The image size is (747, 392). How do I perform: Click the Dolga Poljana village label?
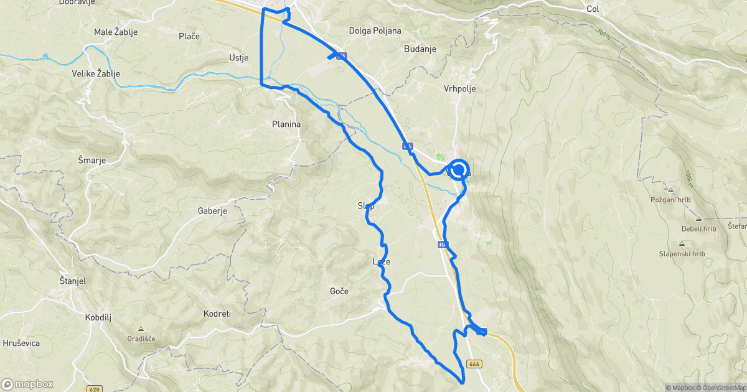click(x=375, y=30)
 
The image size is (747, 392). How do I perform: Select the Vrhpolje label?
click(x=460, y=89)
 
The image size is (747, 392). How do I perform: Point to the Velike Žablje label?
click(x=96, y=74)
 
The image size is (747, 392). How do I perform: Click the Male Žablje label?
click(x=115, y=32)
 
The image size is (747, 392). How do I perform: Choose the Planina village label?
click(x=286, y=124)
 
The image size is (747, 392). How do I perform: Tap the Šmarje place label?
click(x=92, y=160)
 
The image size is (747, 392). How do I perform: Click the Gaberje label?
click(x=212, y=211)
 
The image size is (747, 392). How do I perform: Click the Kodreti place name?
click(x=217, y=314)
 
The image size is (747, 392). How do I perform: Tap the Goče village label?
click(x=339, y=291)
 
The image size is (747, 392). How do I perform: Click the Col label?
click(x=593, y=9)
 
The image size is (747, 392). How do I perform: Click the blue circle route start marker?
click(x=459, y=169)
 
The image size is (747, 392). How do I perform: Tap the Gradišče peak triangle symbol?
click(x=141, y=329)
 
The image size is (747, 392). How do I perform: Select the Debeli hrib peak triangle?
click(x=698, y=219)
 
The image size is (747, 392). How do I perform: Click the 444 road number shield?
click(x=474, y=363)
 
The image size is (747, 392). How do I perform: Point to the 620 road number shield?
click(x=94, y=390)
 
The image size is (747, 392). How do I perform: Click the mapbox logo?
click(x=27, y=384)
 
